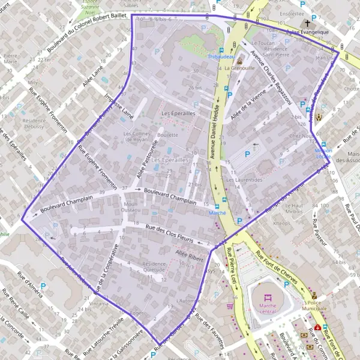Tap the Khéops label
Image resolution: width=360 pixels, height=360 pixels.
coord(281,223)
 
